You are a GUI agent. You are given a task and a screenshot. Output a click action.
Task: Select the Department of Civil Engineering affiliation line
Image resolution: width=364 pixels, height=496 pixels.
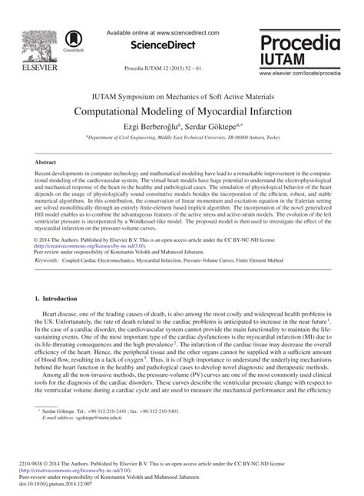point(183,135)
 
